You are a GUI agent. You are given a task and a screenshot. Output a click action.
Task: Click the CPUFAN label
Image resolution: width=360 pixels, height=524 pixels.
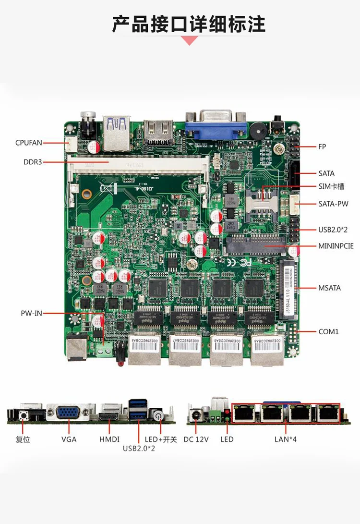pos(29,142)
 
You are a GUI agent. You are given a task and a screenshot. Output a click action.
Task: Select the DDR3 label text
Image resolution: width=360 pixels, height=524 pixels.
pos(33,162)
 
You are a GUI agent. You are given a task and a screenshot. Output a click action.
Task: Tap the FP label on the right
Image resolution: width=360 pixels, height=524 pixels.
pos(322,146)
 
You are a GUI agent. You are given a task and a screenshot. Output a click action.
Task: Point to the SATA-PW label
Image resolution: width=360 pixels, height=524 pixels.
pos(333,204)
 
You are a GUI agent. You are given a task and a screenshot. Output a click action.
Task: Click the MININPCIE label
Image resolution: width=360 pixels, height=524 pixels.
pos(336,246)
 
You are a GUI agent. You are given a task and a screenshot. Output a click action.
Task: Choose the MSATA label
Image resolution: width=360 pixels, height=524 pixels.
pos(329,288)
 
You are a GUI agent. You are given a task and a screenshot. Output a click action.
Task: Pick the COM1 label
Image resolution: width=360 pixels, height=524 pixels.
pos(329,331)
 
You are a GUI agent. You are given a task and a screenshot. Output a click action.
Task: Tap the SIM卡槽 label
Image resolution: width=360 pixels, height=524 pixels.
pos(331,186)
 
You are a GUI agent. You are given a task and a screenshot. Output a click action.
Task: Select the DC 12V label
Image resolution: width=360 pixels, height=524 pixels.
pos(196,439)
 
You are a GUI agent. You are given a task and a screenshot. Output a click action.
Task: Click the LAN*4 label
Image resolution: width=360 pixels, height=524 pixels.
pos(286,439)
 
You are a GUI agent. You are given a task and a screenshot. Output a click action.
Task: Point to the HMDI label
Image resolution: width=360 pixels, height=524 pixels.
pos(109,439)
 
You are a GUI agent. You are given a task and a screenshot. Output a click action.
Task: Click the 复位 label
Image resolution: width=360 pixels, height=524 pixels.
pos(23,439)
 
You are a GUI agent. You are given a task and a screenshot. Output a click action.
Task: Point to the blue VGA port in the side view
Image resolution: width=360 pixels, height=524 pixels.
pos(69,413)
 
